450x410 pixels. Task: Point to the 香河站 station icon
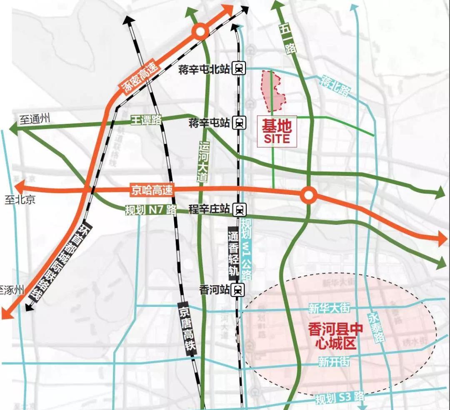click(237, 290)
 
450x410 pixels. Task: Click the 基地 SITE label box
click(277, 131)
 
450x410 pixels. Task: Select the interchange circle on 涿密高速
click(200, 31)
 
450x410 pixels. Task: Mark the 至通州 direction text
click(35, 119)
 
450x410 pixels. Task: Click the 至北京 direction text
click(20, 199)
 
